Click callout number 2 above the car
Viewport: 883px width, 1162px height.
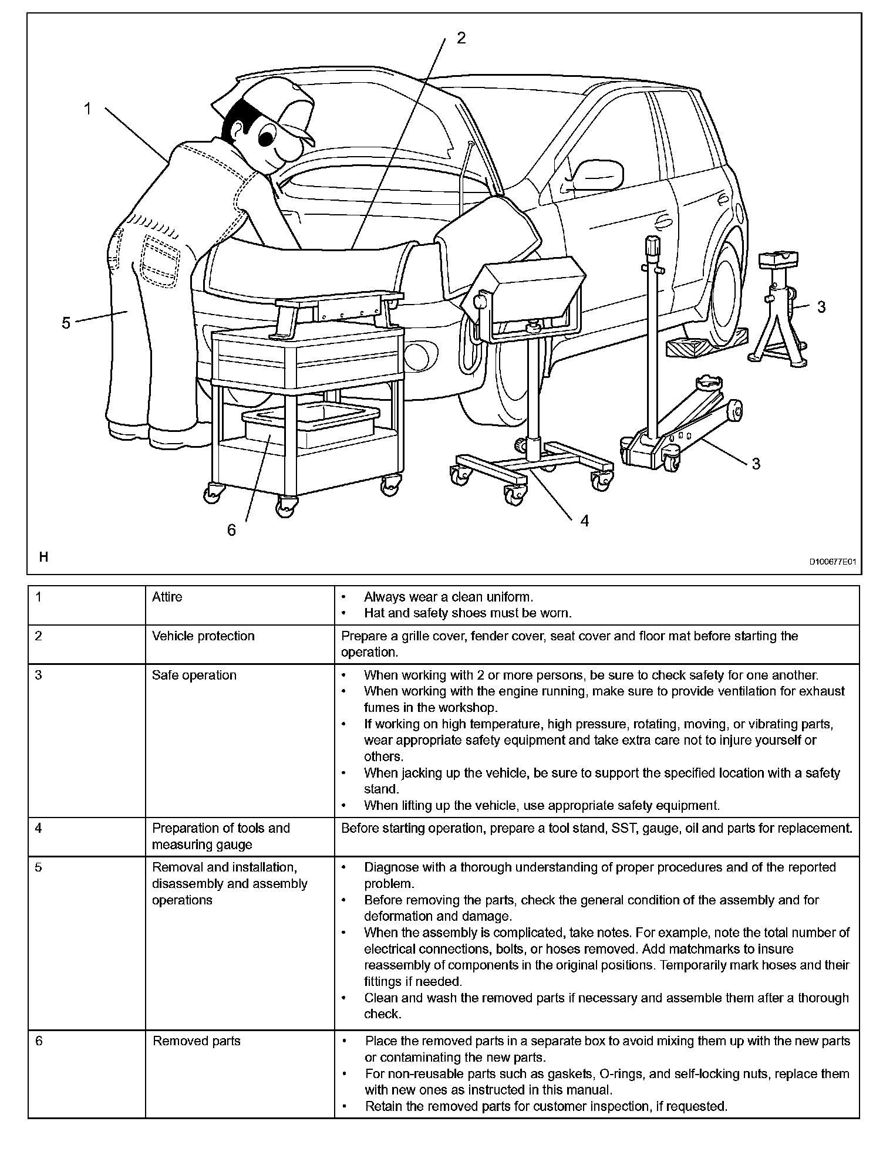[461, 38]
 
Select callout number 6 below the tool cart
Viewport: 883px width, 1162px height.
[231, 530]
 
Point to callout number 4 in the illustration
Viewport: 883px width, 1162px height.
[584, 521]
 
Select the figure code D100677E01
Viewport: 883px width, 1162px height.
[833, 562]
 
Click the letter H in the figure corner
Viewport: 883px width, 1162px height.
[43, 557]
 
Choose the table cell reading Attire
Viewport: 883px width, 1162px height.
[167, 597]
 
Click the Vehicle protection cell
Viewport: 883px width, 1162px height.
[203, 636]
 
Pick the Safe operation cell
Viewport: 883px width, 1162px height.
[194, 675]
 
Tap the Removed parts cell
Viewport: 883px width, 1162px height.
[197, 1041]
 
